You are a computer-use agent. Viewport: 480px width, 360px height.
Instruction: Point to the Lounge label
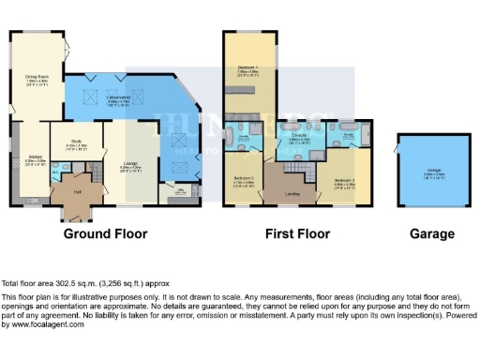pos(131,142)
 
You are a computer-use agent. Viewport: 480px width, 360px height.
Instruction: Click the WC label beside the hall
pos(54,171)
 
